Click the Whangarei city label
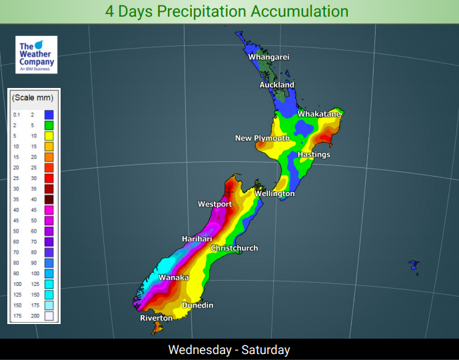point(268,57)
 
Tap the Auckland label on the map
point(276,85)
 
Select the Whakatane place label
point(319,115)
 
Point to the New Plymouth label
point(262,139)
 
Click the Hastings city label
point(314,155)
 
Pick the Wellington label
point(274,194)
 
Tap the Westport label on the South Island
point(215,204)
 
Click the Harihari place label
point(198,239)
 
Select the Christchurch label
point(234,249)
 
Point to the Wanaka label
point(173,278)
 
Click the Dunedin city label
point(198,305)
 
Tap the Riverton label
point(156,319)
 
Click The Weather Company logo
point(36,55)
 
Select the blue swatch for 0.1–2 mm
point(49,115)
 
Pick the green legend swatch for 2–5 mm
point(49,125)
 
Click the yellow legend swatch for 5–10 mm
point(49,135)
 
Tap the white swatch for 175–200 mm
point(49,316)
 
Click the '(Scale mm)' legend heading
point(33,98)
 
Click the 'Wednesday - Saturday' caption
point(229,350)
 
